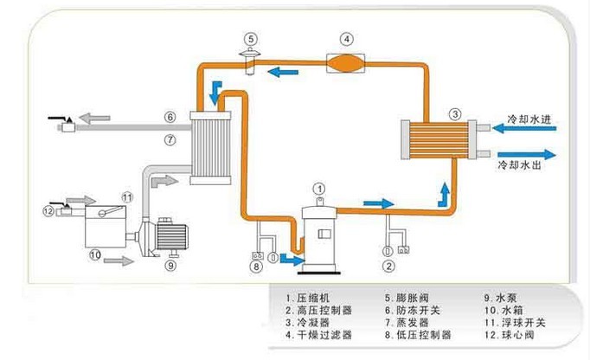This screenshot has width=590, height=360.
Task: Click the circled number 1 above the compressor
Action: point(318,188)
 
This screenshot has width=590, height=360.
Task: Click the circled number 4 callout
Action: point(344,39)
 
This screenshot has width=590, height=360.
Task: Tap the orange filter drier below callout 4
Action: point(344,62)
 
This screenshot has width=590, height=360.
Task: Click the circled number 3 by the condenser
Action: point(455,113)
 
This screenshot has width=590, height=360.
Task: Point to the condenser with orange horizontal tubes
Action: point(439,139)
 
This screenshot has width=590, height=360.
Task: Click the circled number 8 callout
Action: point(256,267)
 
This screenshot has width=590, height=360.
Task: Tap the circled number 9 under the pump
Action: point(170,267)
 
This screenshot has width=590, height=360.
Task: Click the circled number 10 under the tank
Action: point(94,255)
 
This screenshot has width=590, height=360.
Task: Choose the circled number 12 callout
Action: point(48,210)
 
